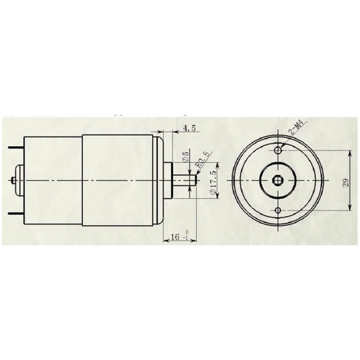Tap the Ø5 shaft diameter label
coord(185,157)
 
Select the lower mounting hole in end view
coord(279,211)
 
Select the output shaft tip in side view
coord(195,180)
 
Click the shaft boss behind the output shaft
coord(168,180)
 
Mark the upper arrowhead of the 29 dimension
coord(350,153)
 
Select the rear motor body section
coord(53,180)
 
